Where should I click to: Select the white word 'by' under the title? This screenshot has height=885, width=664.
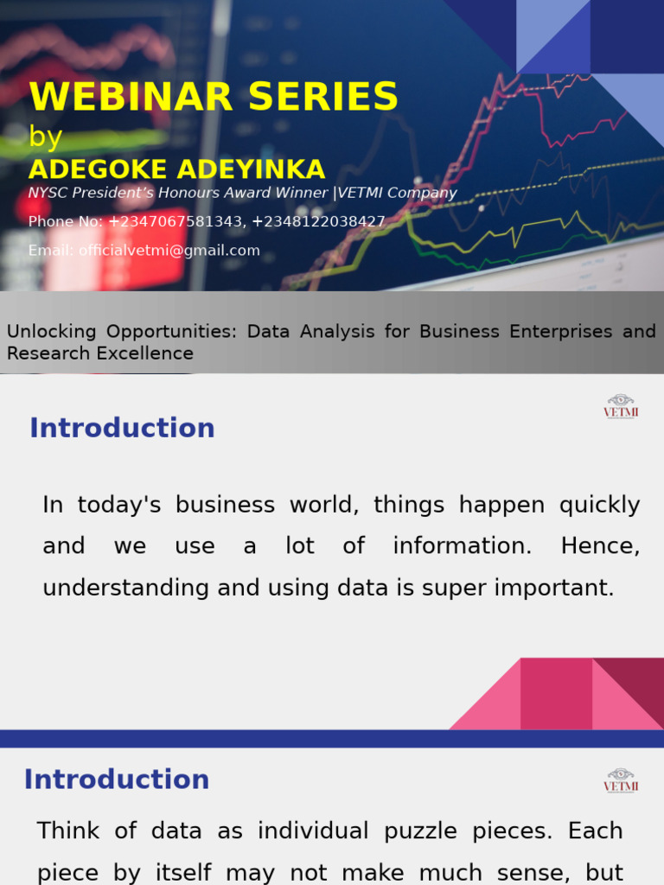coord(45,137)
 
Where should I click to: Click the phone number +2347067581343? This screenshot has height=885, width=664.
coord(176,221)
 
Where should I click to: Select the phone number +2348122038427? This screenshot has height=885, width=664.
coord(318,221)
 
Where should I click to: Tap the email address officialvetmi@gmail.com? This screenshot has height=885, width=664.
coord(169,251)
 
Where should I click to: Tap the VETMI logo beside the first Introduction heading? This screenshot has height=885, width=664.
coord(620,406)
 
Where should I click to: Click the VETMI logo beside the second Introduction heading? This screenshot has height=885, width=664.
coord(620,780)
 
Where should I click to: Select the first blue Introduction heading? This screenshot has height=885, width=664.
coord(122,428)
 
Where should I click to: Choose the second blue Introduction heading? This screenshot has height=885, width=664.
coord(117,780)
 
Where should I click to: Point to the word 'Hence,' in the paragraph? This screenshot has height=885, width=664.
coord(600,546)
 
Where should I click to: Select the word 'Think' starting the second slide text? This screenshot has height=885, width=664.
coord(68,831)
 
